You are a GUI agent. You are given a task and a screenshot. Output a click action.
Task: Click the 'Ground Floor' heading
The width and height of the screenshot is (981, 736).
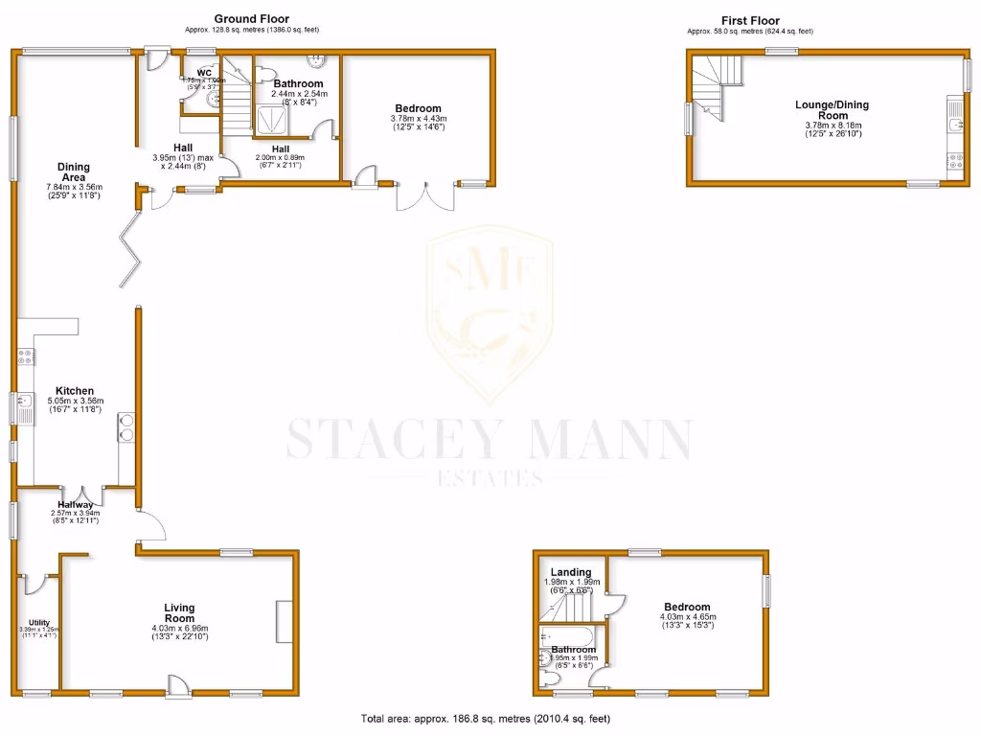[251, 18]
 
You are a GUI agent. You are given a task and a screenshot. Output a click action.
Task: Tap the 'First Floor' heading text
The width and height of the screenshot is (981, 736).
[750, 20]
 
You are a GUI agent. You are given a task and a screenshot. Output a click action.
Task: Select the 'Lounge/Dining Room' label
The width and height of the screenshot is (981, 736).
[821, 109]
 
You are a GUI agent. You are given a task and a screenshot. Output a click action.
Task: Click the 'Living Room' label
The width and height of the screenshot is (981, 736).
[179, 613]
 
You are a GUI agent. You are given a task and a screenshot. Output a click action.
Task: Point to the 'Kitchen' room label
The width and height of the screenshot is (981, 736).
[74, 391]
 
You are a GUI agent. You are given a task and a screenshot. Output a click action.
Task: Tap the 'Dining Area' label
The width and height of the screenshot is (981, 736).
[74, 172]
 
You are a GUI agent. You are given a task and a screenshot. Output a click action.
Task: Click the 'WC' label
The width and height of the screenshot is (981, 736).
[204, 73]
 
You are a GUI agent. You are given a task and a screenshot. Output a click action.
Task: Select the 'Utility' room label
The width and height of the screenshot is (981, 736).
[38, 623]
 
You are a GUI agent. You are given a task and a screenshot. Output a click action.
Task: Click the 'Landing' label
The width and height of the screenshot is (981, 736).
[571, 573]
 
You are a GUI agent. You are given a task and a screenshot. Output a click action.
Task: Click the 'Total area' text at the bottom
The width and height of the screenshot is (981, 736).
[485, 719]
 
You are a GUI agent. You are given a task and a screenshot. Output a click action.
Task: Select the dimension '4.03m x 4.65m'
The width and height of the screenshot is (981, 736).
[688, 617]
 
